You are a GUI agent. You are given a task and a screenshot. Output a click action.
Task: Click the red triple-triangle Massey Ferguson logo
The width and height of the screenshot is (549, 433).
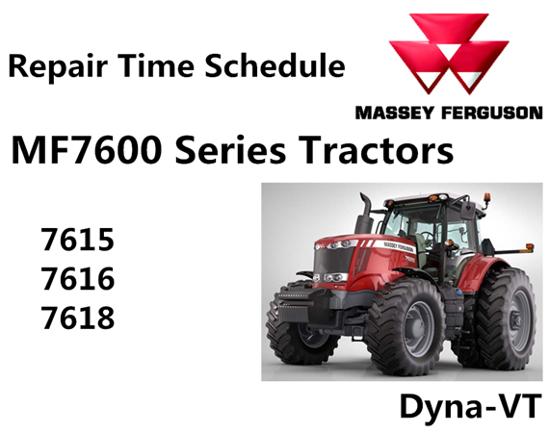pyautogui.click(x=449, y=53)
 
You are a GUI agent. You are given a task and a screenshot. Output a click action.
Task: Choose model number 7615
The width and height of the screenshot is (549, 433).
pyautogui.click(x=78, y=240)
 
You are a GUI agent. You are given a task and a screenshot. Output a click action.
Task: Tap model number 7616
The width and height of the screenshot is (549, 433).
pyautogui.click(x=78, y=278)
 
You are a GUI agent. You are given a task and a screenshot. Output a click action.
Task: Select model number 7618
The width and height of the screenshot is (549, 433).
pyautogui.click(x=78, y=318)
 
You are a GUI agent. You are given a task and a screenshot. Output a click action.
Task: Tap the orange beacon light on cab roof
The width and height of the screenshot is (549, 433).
pyautogui.click(x=487, y=198)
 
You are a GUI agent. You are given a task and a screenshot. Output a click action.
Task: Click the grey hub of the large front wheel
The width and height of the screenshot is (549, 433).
pyautogui.click(x=418, y=328)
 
